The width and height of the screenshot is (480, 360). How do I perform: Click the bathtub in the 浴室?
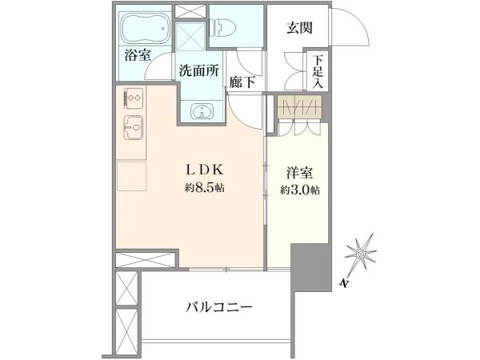tap(146, 28)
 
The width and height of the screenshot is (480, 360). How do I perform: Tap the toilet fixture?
tap(223, 28)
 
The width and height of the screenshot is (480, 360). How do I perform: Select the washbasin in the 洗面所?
tap(202, 111)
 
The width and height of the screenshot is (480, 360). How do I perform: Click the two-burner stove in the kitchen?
tap(134, 98)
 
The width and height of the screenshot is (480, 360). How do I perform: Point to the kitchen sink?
tap(134, 127)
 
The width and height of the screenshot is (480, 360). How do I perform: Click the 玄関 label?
tap(300, 28)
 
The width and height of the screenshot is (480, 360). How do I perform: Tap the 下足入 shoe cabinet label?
tap(318, 72)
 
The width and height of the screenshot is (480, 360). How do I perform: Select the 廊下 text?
tap(242, 82)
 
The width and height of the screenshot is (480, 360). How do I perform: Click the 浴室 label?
tap(138, 55)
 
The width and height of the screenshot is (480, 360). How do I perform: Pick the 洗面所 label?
tap(199, 70)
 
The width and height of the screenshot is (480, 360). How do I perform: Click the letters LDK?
tap(205, 170)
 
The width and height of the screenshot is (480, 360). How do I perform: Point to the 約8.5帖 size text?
tap(205, 187)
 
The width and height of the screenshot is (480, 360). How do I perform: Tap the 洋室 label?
tap(300, 173)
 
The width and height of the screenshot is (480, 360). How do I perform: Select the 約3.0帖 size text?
tap(300, 190)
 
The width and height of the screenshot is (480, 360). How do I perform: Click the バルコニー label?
tap(219, 306)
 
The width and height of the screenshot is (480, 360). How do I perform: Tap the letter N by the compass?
tap(345, 283)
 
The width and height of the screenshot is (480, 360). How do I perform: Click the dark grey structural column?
tap(310, 267)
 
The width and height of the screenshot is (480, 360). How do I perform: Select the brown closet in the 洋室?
tap(299, 106)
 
